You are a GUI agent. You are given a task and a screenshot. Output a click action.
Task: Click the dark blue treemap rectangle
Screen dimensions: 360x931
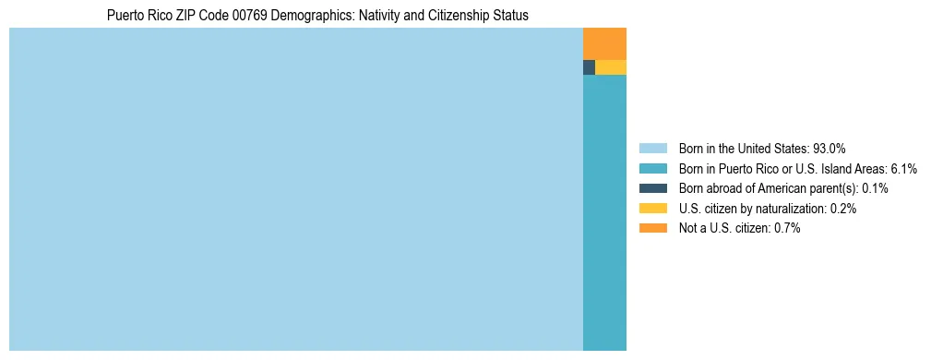tap(589, 67)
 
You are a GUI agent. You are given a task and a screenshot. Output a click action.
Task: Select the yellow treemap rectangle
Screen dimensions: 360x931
tap(611, 67)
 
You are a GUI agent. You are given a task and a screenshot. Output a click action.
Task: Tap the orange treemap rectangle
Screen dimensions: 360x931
tap(604, 43)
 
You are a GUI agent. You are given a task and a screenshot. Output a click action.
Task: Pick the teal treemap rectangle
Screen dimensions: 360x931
tap(604, 212)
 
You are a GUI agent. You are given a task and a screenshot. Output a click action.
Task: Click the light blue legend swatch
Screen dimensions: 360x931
tap(652, 148)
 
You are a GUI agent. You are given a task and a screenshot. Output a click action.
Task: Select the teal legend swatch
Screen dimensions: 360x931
tap(652, 168)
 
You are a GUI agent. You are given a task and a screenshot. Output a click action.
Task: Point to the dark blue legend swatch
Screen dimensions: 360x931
tap(652, 188)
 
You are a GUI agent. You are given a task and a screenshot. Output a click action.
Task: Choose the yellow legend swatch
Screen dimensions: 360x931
tap(652, 209)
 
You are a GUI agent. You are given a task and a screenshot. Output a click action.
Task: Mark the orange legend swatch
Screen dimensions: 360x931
tap(652, 228)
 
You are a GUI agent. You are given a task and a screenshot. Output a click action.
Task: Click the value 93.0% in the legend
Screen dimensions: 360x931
tap(829, 148)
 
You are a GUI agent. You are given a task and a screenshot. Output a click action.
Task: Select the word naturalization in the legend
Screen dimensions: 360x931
tap(789, 209)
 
